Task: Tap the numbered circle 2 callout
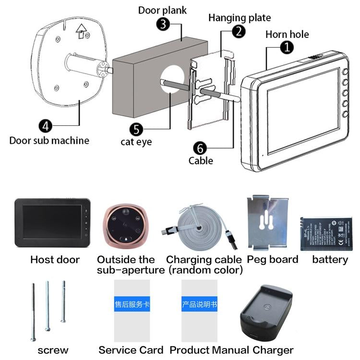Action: coord(239,32)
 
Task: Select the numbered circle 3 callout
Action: coord(165,24)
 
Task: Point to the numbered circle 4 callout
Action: coord(45,126)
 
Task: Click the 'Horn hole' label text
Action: coord(287,34)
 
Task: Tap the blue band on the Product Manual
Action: coord(199,304)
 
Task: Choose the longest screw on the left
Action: coord(33,312)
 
